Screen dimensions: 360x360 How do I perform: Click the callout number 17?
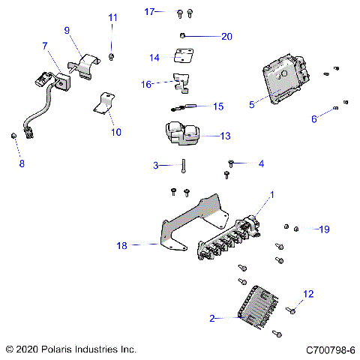click(x=149, y=11)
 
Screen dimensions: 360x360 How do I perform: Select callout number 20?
click(x=226, y=36)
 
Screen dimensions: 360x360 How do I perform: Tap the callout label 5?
click(x=252, y=106)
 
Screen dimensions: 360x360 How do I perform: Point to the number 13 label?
click(x=225, y=136)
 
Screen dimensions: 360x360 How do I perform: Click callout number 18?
click(x=123, y=244)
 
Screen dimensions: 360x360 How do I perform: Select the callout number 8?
click(x=21, y=163)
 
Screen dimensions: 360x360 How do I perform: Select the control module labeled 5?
click(x=286, y=82)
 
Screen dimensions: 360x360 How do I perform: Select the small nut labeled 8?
click(x=13, y=135)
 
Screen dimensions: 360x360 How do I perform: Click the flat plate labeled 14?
click(x=183, y=56)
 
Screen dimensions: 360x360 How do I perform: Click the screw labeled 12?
click(x=290, y=310)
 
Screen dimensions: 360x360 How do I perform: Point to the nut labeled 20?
click(x=184, y=36)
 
